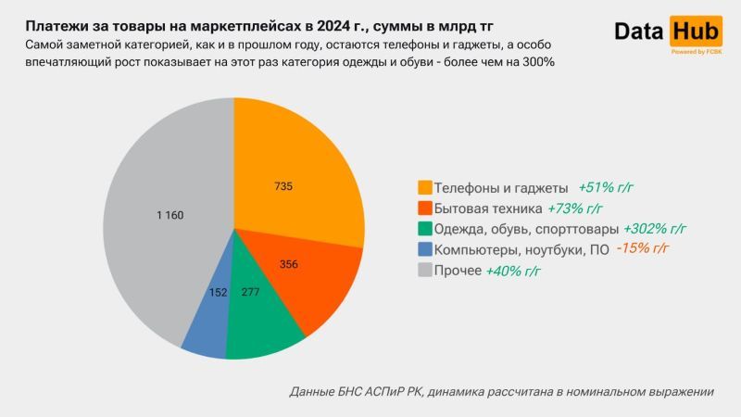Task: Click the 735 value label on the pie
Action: pyautogui.click(x=283, y=186)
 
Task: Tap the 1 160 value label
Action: pyautogui.click(x=170, y=215)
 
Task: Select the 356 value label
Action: pyautogui.click(x=288, y=264)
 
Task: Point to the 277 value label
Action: pyautogui.click(x=249, y=293)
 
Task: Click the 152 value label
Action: pyautogui.click(x=218, y=293)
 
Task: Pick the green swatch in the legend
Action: pyautogui.click(x=425, y=228)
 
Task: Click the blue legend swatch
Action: pyautogui.click(x=425, y=249)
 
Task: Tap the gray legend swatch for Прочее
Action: pyautogui.click(x=425, y=271)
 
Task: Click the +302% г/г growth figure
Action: pyautogui.click(x=655, y=228)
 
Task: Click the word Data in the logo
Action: pyautogui.click(x=640, y=32)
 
